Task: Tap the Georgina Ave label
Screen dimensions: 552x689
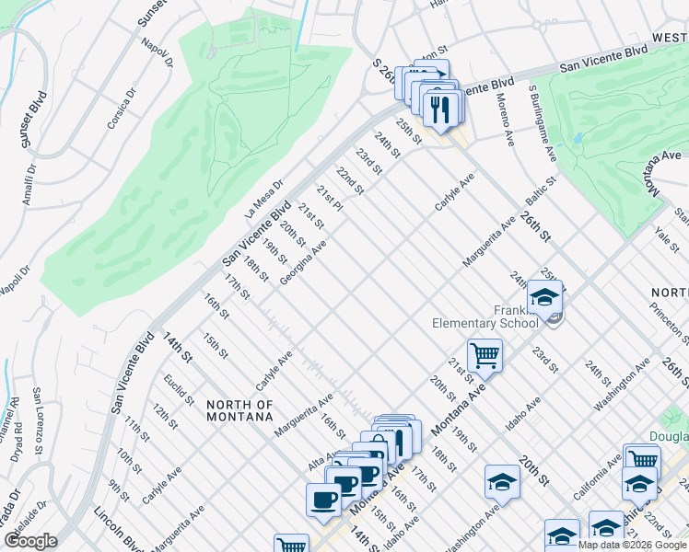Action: [x=304, y=263]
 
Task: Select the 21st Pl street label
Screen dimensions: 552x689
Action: [x=329, y=199]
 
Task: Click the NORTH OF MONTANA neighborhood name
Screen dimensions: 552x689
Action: [x=239, y=410]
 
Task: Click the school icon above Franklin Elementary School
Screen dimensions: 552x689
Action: [x=544, y=297]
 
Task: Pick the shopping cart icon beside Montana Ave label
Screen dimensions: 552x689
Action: [x=485, y=354]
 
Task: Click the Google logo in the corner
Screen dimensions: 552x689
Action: [x=30, y=541]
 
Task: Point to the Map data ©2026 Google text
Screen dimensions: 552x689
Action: [x=633, y=545]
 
